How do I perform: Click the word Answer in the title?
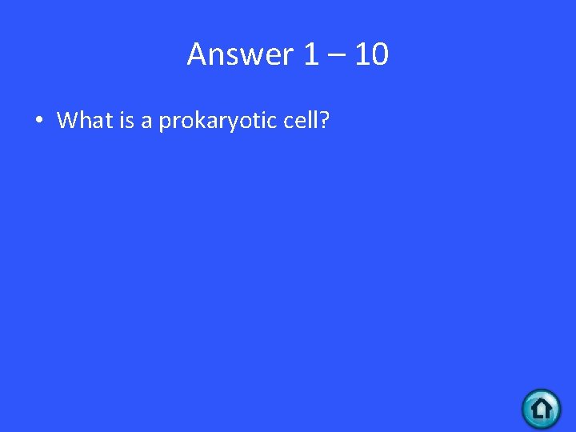click(x=241, y=54)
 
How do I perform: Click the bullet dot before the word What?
click(x=38, y=121)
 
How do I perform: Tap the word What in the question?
click(x=84, y=121)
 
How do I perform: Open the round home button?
click(x=542, y=409)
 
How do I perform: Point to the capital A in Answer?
click(x=197, y=54)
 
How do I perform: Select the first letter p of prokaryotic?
click(x=164, y=123)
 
